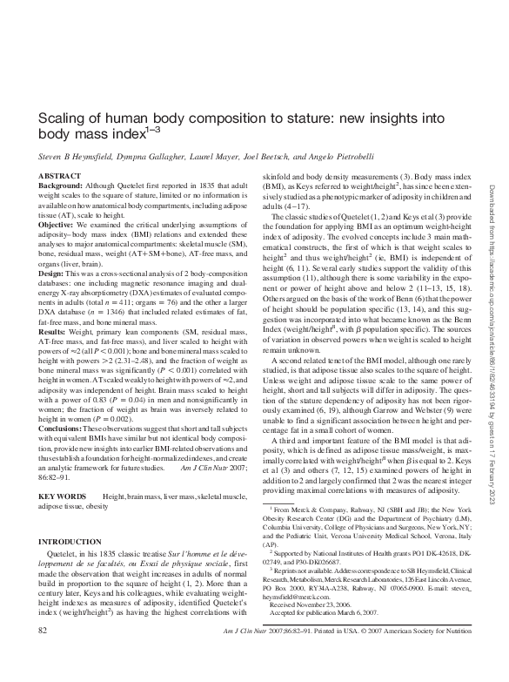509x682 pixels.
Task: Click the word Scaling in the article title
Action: [x=61, y=118]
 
